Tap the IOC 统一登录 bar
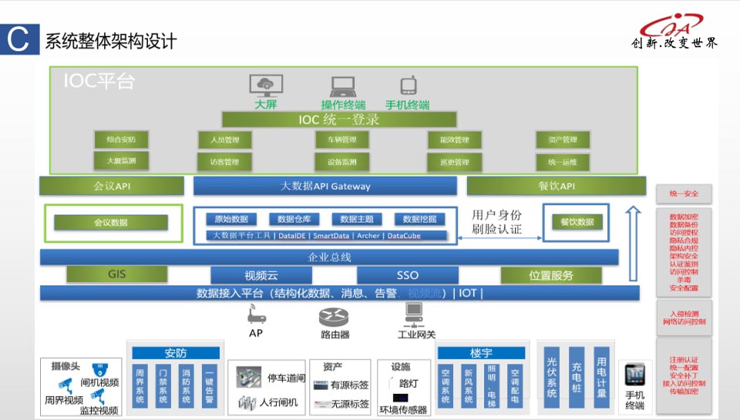click(339, 119)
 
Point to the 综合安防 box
click(121, 139)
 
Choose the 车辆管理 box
click(341, 139)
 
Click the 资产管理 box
click(563, 139)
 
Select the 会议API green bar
click(112, 186)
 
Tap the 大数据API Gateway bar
click(325, 186)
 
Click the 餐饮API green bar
click(557, 186)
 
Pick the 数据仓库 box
click(297, 219)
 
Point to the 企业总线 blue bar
click(329, 257)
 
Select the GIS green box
click(116, 274)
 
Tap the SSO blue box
click(407, 275)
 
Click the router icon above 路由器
click(335, 316)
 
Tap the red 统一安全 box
click(683, 193)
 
